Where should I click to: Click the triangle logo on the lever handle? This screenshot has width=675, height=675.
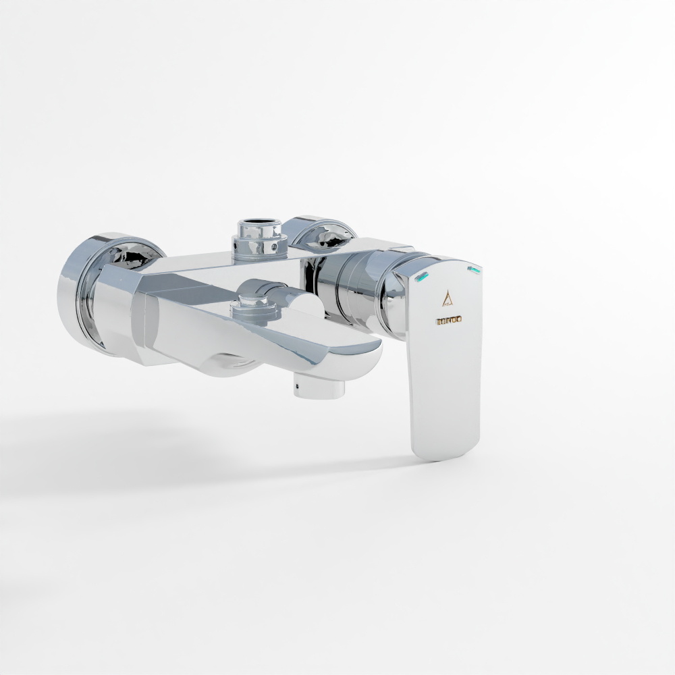446,298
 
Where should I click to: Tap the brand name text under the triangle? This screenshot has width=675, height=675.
448,319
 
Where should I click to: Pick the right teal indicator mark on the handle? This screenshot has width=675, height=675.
474,270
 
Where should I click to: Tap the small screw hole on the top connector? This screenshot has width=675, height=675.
274,247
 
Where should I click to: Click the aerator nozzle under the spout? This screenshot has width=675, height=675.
319,388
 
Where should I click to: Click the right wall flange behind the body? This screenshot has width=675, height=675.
319,233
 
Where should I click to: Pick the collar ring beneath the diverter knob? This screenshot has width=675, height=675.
255,313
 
